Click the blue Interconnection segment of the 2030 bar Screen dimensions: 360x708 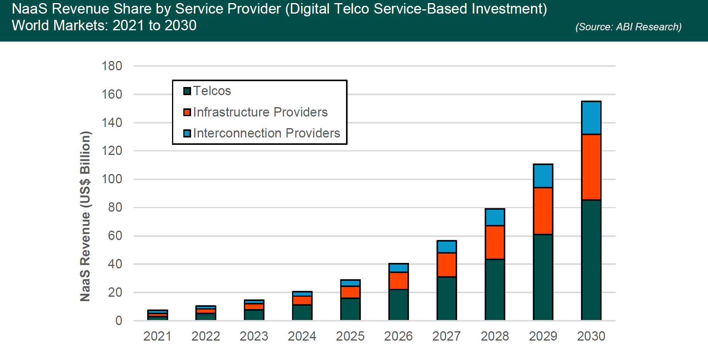click(591, 118)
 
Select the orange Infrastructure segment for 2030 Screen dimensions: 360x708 click(591, 167)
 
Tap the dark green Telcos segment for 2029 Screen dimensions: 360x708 click(543, 277)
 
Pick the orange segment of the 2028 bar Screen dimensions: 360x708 click(495, 242)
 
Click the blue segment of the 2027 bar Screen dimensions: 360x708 click(447, 247)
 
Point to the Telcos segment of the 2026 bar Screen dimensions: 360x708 click(398, 304)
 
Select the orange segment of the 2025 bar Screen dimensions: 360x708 click(350, 292)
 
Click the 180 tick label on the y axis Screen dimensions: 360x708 click(112, 66)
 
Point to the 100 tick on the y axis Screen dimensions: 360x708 click(112, 179)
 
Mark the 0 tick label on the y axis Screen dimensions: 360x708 click(118, 321)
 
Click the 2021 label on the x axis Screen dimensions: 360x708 click(157, 336)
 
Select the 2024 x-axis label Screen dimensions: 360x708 click(302, 336)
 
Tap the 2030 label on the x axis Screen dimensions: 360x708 click(591, 336)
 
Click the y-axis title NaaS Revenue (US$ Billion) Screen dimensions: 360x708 click(85, 216)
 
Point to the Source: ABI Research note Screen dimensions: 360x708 click(628, 27)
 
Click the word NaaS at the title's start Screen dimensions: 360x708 click(30, 9)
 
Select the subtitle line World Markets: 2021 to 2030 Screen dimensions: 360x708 click(104, 26)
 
